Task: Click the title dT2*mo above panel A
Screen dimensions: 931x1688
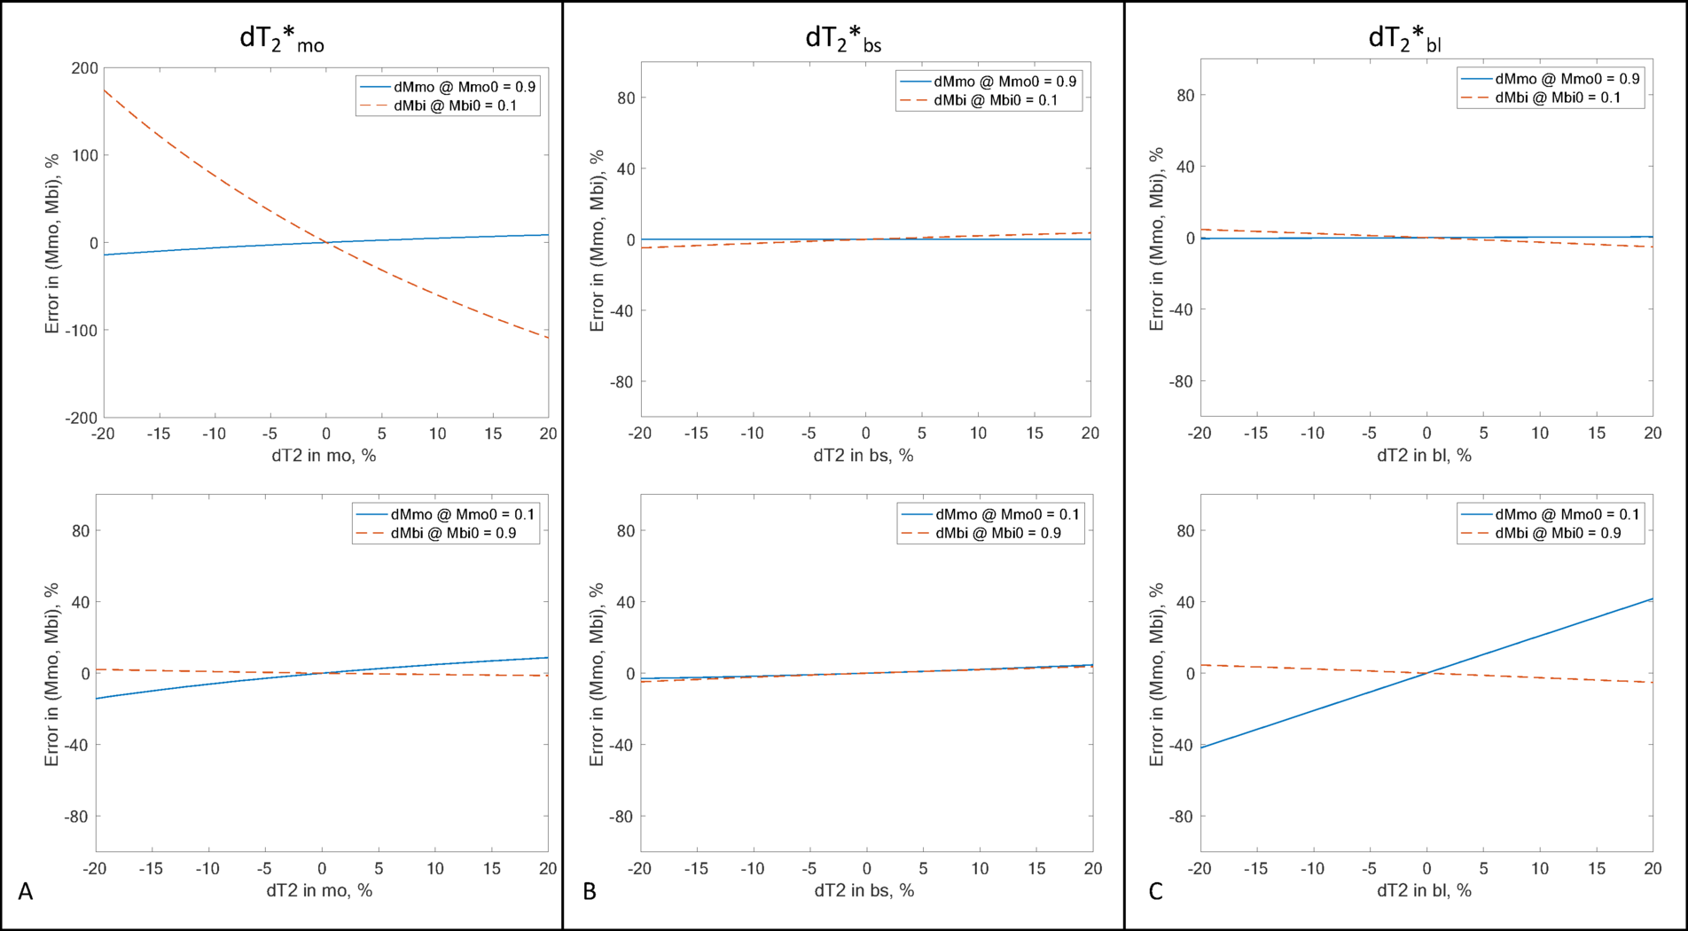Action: click(x=282, y=39)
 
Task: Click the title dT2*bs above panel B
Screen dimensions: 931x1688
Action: click(x=842, y=39)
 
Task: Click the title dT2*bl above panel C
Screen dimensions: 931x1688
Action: click(x=1404, y=39)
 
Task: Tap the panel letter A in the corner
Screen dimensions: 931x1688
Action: click(x=26, y=891)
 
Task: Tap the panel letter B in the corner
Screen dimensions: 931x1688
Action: click(x=590, y=891)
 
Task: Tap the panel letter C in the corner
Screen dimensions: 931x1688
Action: click(x=1155, y=891)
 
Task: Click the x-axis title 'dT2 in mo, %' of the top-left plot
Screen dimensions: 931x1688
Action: click(x=324, y=456)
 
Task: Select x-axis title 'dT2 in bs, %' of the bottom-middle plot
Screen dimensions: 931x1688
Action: click(x=864, y=890)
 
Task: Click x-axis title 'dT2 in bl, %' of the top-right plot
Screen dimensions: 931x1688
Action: click(x=1424, y=456)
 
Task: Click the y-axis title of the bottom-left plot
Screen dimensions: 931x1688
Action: click(x=52, y=674)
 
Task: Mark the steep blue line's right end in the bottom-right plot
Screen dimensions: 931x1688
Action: click(x=1651, y=599)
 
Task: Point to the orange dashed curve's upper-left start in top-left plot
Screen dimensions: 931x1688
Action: click(x=105, y=90)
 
